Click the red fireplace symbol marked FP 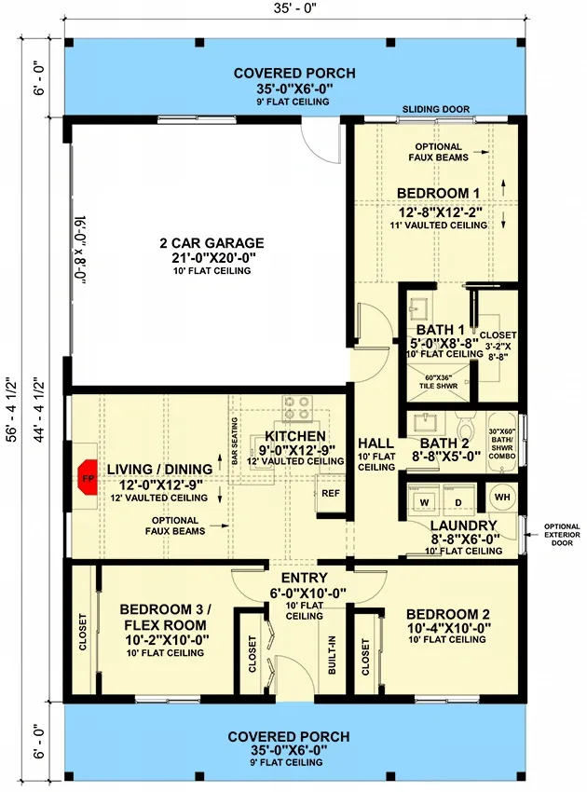pos(88,477)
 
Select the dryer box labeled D pos(457,503)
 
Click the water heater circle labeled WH pos(501,497)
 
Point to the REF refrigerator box pos(330,493)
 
